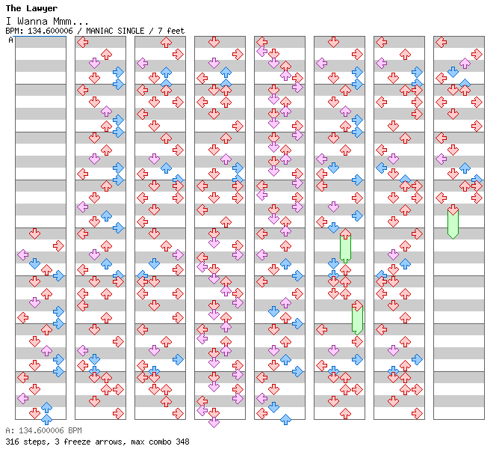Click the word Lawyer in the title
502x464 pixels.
click(x=43, y=9)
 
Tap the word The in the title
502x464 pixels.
click(x=13, y=9)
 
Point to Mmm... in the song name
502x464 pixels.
click(x=72, y=20)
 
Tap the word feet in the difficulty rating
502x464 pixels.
click(x=176, y=31)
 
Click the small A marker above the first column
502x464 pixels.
click(x=10, y=40)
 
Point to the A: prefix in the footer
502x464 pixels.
click(x=9, y=431)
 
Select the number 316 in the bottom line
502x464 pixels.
click(x=12, y=442)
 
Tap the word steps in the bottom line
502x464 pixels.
click(x=34, y=442)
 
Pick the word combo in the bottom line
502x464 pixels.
click(x=155, y=442)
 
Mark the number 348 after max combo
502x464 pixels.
click(x=182, y=442)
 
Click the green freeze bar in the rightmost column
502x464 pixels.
click(x=453, y=223)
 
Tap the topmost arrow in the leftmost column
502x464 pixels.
click(x=34, y=233)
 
